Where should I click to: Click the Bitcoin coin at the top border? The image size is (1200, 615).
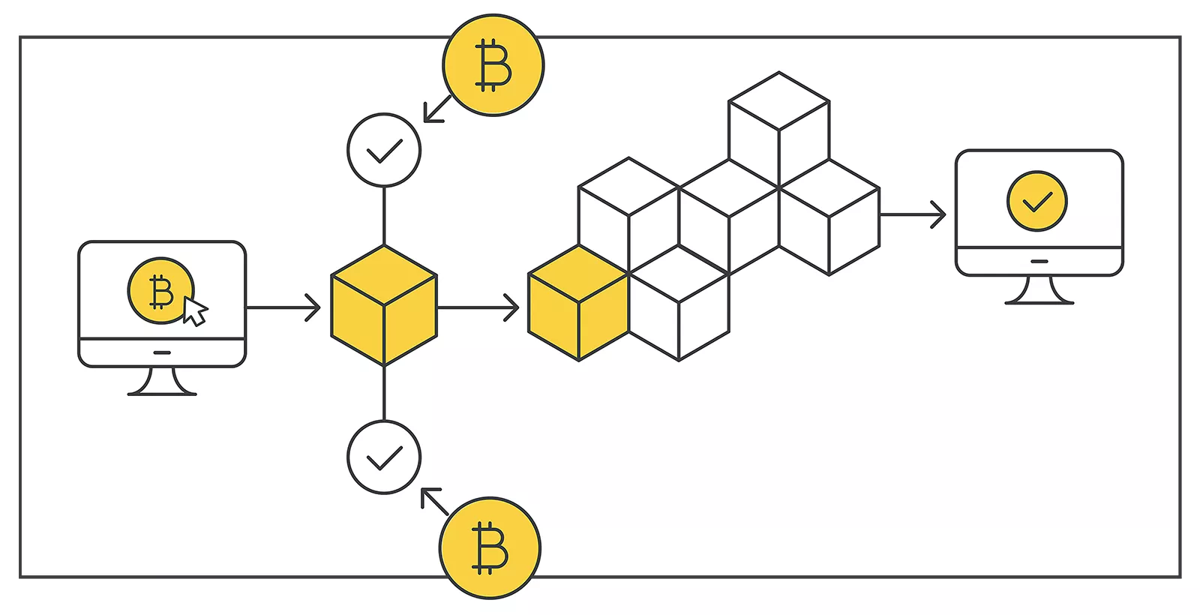493,65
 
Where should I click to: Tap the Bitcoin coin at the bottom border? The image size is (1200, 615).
490,547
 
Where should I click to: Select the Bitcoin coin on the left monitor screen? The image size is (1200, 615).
159,291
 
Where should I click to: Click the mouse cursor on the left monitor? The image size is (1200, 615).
194,311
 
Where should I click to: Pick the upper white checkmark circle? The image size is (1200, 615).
384,150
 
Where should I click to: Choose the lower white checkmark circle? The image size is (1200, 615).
384,457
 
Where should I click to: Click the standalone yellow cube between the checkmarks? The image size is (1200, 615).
384,306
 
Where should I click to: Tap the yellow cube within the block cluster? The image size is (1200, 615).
578,304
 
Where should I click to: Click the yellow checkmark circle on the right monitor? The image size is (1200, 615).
1037,201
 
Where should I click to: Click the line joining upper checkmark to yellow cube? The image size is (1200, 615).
384,216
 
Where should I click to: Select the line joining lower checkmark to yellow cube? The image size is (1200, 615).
384,393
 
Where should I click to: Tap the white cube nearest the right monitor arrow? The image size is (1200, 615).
829,217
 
